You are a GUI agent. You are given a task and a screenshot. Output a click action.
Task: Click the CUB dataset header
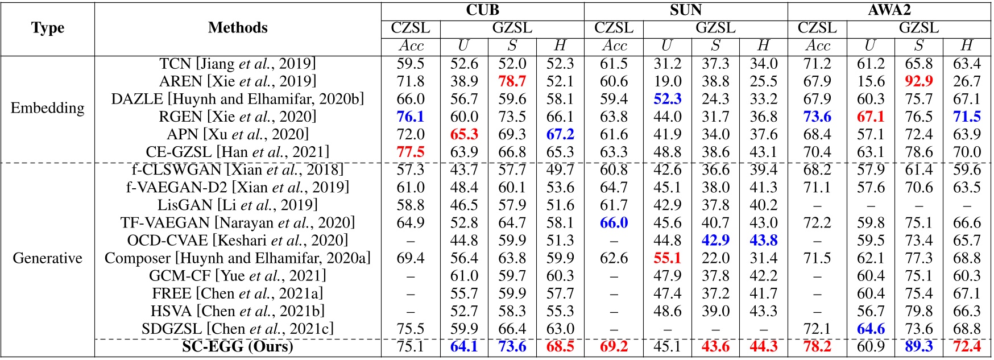point(482,10)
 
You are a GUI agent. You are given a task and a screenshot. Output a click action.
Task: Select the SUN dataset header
point(685,10)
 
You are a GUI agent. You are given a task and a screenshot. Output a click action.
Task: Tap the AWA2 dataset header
point(889,10)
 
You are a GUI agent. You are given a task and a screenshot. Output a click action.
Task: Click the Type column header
point(48,28)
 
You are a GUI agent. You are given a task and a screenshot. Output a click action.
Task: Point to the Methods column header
point(238,28)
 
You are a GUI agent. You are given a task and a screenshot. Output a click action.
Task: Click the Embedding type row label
point(48,107)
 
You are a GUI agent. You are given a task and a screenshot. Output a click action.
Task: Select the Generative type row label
point(48,258)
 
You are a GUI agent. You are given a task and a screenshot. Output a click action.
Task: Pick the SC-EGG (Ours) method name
point(238,346)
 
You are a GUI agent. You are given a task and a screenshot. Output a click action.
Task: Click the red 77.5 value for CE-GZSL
point(411,152)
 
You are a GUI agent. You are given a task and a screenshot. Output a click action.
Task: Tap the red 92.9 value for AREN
point(919,81)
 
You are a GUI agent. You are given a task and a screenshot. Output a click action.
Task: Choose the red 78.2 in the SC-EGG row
point(817,346)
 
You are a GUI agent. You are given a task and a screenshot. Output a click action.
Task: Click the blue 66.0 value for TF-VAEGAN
point(614,222)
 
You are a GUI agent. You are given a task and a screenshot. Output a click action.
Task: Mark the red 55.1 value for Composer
point(667,258)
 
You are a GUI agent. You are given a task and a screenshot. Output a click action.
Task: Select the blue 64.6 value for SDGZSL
point(871,329)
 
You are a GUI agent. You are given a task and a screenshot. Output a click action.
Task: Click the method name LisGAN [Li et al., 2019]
point(238,205)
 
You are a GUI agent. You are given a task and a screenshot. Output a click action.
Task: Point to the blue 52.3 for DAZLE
point(667,99)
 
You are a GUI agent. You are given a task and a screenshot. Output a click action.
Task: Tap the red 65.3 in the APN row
point(464,134)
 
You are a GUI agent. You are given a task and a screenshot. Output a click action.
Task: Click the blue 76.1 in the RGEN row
point(411,117)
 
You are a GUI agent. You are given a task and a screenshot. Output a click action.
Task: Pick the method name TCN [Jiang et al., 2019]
point(238,64)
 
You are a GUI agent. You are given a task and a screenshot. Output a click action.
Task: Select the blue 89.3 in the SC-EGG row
point(919,346)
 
